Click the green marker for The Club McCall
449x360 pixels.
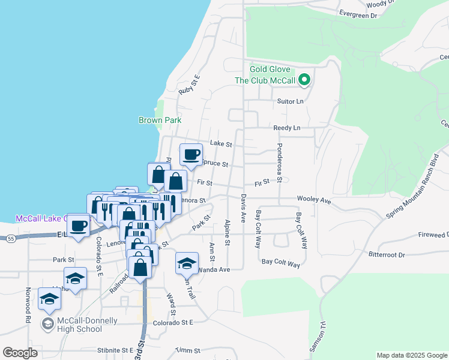click(x=304, y=80)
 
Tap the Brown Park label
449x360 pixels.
click(x=160, y=120)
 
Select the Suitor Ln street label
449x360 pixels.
click(x=291, y=101)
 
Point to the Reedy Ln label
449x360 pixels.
click(x=286, y=128)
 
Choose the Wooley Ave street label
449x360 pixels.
click(x=314, y=200)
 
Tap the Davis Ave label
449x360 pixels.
click(x=244, y=205)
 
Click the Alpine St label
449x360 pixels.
click(x=228, y=232)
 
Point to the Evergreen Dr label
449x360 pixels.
click(x=358, y=14)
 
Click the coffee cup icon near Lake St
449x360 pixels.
click(x=191, y=155)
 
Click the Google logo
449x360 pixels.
click(x=20, y=353)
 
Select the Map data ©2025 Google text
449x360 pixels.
click(x=411, y=355)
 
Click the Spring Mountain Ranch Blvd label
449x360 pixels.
click(x=413, y=185)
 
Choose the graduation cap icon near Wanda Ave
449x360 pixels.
click(x=187, y=262)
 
